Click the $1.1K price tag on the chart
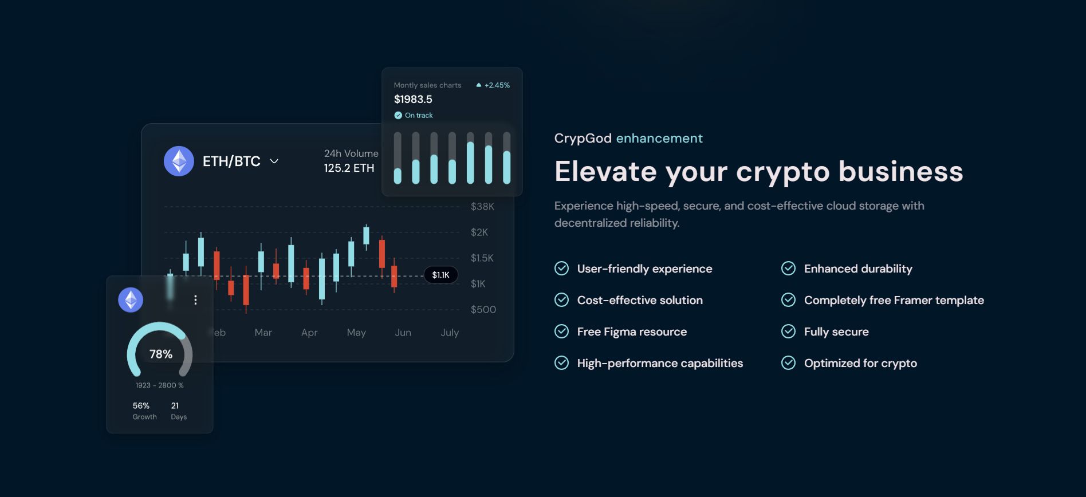pyautogui.click(x=440, y=275)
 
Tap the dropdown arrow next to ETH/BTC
pyautogui.click(x=274, y=161)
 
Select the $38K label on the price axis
pyautogui.click(x=482, y=207)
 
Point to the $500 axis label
pyautogui.click(x=483, y=310)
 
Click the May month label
pyautogui.click(x=356, y=333)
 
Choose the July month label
pyautogui.click(x=450, y=333)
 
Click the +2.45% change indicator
pyautogui.click(x=493, y=85)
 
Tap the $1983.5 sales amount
pyautogui.click(x=413, y=100)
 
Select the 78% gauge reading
pyautogui.click(x=161, y=354)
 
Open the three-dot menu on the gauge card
pyautogui.click(x=195, y=300)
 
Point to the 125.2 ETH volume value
pyautogui.click(x=349, y=168)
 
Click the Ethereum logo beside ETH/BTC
pyautogui.click(x=179, y=161)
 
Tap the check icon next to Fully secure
pyautogui.click(x=789, y=332)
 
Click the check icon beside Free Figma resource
pyautogui.click(x=562, y=332)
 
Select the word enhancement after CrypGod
pyautogui.click(x=659, y=139)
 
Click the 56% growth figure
pyautogui.click(x=141, y=406)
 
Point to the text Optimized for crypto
pyautogui.click(x=860, y=364)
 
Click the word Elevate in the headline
pyautogui.click(x=605, y=172)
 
